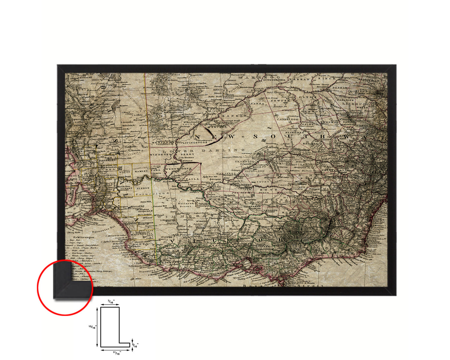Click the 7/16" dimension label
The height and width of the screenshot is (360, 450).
[x=111, y=302]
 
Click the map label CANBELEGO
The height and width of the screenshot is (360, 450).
[x=287, y=119]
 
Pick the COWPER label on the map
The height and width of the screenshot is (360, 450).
[x=280, y=101]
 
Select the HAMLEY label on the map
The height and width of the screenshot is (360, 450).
[x=141, y=171]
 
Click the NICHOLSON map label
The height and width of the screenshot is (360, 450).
[x=254, y=171]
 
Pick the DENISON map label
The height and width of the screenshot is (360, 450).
[x=270, y=210]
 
